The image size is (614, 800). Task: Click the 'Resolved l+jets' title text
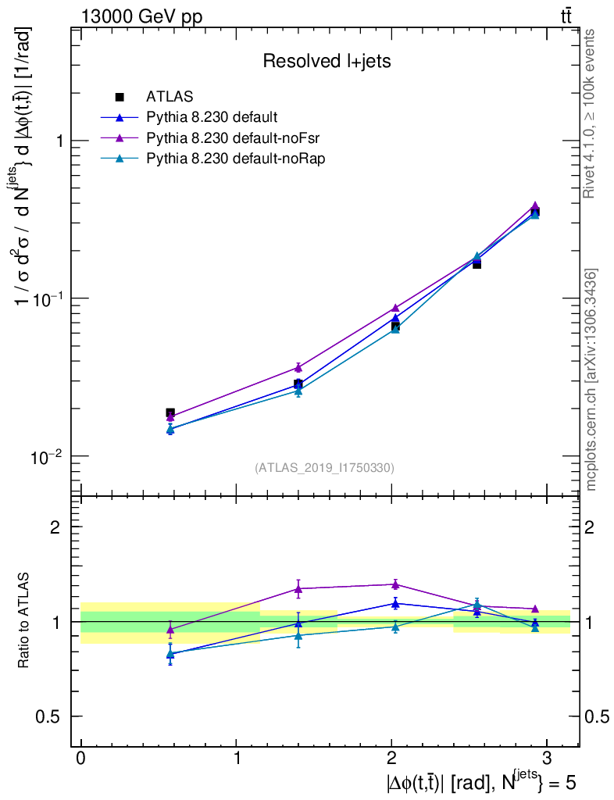(x=327, y=61)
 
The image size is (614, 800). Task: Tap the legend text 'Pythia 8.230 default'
(x=212, y=118)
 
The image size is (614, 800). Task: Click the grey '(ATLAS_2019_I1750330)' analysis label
(x=324, y=468)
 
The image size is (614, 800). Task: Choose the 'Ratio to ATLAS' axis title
(x=25, y=621)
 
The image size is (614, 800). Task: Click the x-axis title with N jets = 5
(x=480, y=781)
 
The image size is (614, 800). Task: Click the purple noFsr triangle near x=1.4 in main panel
(x=298, y=366)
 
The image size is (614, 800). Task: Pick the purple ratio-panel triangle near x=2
(x=395, y=584)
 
